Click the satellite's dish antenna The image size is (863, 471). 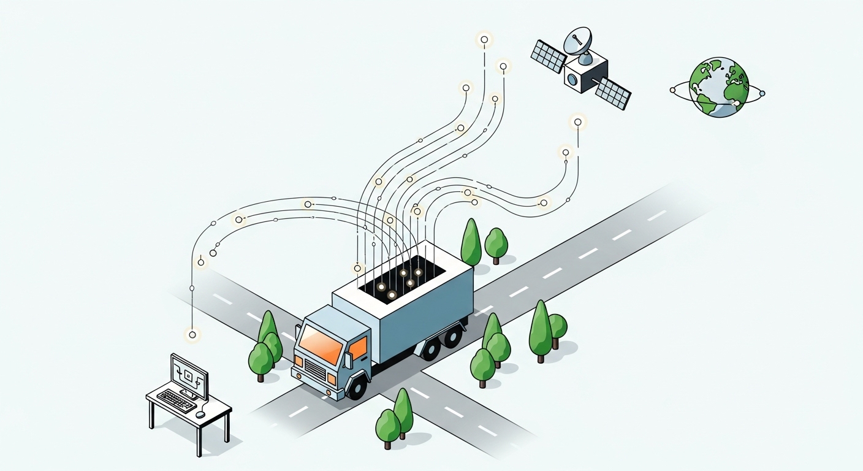578,42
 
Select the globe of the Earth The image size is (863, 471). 719,86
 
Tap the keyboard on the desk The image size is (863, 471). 177,400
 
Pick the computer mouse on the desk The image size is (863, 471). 200,415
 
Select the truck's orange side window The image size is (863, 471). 358,348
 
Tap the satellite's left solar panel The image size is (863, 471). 548,56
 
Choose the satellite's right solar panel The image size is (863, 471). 613,93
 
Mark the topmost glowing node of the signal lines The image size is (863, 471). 484,40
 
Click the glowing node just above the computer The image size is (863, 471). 192,334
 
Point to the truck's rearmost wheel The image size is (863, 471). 453,336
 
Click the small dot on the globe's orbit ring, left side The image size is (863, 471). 673,90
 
